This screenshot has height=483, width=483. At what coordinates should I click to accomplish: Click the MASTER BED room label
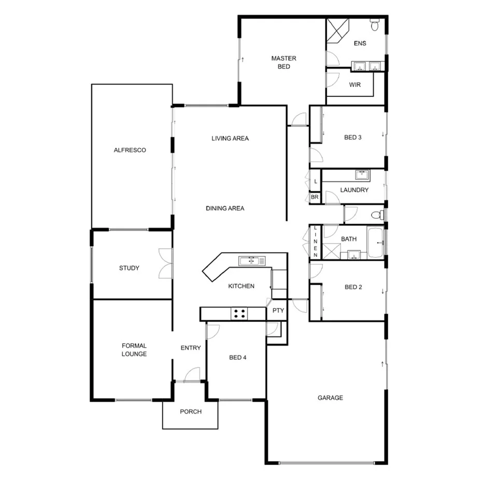pyautogui.click(x=283, y=62)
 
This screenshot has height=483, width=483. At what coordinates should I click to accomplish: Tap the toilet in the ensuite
pyautogui.click(x=375, y=24)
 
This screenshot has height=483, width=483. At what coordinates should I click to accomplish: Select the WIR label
pyautogui.click(x=354, y=84)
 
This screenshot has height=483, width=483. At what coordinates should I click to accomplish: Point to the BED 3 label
pyautogui.click(x=352, y=137)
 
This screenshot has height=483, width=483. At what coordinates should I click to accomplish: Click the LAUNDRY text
pyautogui.click(x=354, y=190)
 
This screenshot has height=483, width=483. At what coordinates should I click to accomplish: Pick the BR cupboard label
pyautogui.click(x=315, y=197)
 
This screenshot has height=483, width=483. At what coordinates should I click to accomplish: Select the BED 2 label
pyautogui.click(x=353, y=287)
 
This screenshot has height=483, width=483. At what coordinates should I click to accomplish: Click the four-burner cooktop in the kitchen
pyautogui.click(x=239, y=313)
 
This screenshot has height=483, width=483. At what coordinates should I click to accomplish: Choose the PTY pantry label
pyautogui.click(x=278, y=310)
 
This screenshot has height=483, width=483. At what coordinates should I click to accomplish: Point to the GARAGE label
pyautogui.click(x=330, y=398)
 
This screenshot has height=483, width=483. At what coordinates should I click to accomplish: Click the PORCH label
pyautogui.click(x=190, y=412)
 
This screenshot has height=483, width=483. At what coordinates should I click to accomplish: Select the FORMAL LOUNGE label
pyautogui.click(x=134, y=350)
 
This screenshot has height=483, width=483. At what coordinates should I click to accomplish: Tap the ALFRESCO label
pyautogui.click(x=130, y=150)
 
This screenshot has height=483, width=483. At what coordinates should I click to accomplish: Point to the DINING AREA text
pyautogui.click(x=224, y=208)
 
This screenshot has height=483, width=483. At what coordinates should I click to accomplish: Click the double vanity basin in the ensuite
pyautogui.click(x=366, y=66)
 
